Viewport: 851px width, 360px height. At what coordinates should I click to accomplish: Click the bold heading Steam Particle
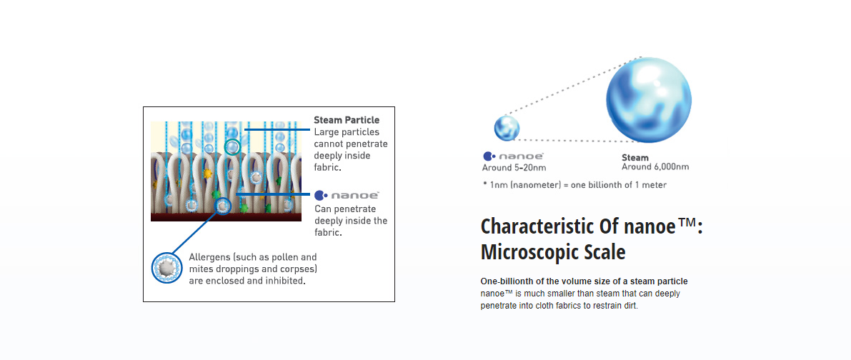(x=347, y=120)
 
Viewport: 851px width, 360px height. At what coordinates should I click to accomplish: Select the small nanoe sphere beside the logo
(x=507, y=129)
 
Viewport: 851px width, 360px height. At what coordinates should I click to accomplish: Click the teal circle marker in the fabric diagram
(x=232, y=146)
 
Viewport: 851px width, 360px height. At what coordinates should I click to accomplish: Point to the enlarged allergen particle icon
(x=164, y=267)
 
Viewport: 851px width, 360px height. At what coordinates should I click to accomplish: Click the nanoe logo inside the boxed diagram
(x=347, y=195)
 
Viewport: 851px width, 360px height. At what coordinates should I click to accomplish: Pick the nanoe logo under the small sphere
(x=509, y=156)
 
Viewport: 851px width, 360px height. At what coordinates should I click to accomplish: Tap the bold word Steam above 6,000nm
(x=635, y=158)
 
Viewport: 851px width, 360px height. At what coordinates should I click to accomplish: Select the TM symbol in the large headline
(x=687, y=221)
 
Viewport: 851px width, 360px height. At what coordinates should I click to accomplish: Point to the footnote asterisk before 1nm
(x=484, y=184)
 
